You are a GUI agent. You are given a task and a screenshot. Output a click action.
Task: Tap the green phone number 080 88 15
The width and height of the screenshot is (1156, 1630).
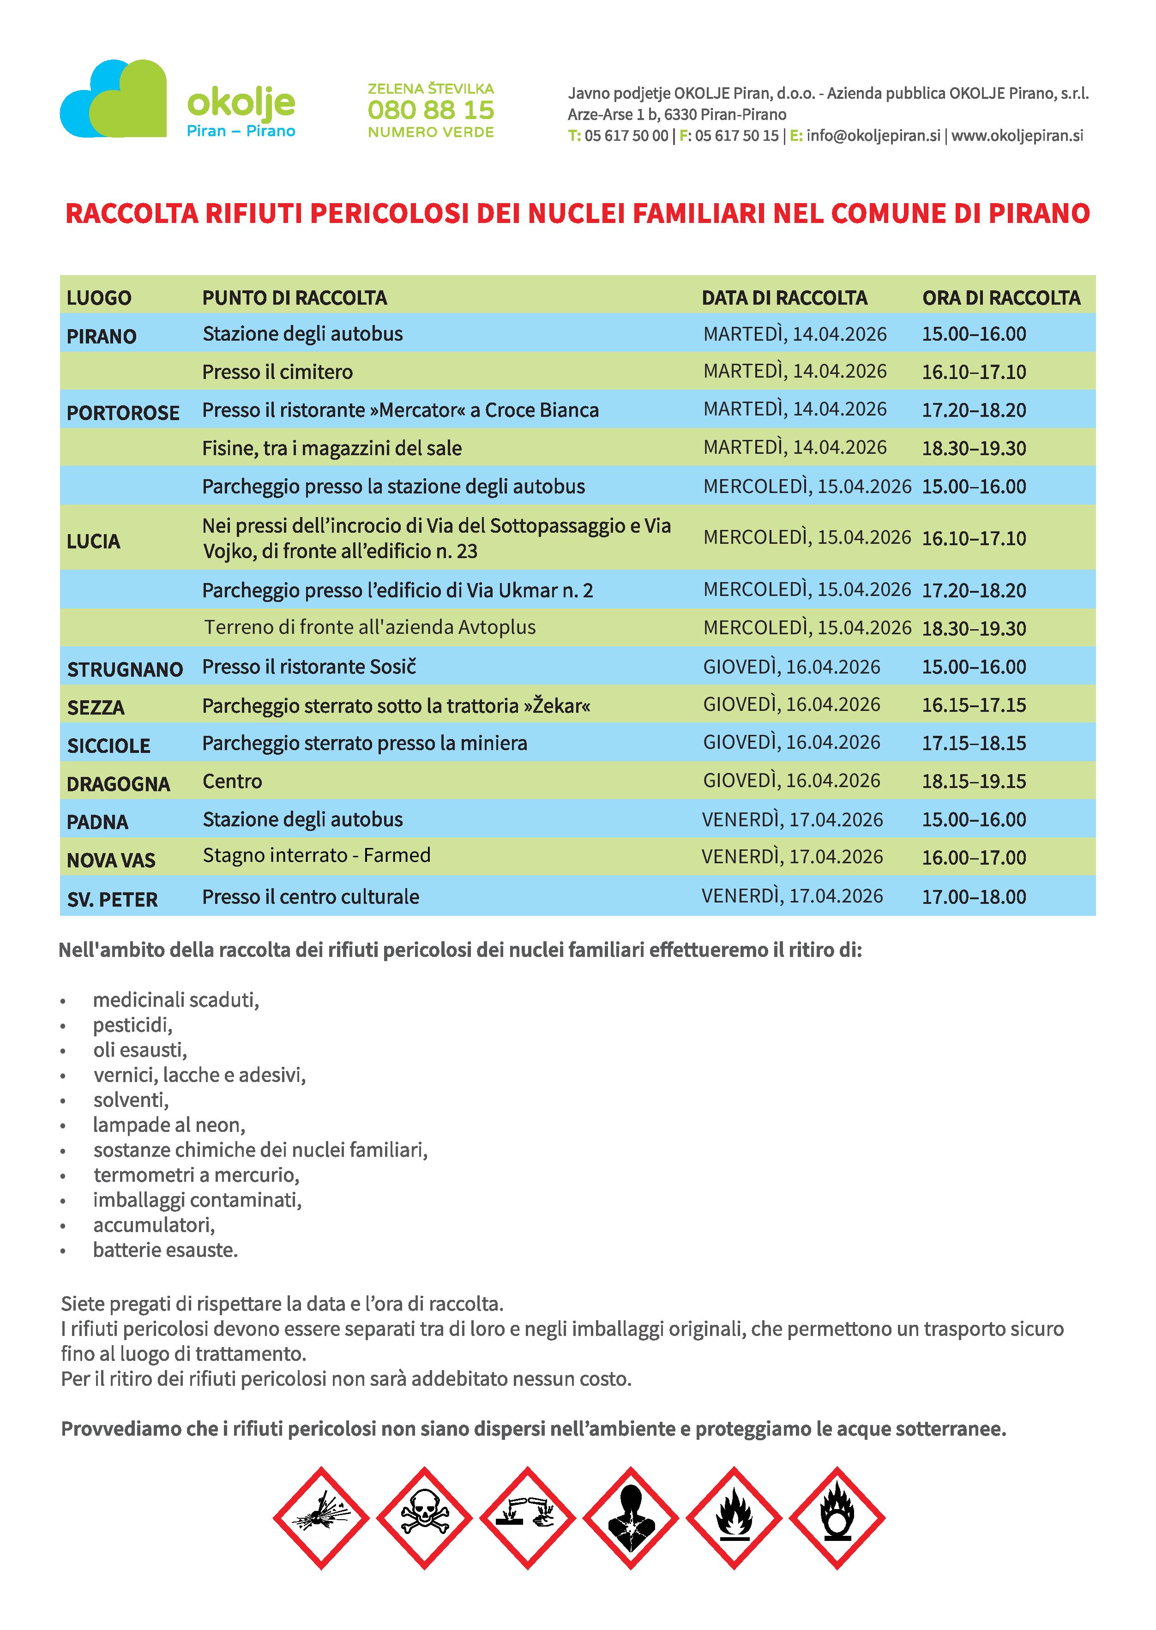[x=431, y=110]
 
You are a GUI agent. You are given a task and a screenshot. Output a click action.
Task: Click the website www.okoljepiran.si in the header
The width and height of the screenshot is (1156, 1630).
[x=1017, y=136]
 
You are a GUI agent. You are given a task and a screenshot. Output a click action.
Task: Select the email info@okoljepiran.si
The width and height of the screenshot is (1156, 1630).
[x=873, y=136]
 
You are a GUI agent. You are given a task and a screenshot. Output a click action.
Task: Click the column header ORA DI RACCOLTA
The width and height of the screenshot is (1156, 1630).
[x=1001, y=298]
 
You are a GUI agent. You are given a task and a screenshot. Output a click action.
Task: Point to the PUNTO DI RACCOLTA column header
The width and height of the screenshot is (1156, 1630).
[x=295, y=298]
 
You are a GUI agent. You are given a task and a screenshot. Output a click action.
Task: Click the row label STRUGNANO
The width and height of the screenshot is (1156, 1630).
[x=125, y=669]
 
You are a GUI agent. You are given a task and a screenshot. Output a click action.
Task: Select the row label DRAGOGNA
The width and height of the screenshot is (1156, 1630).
[x=118, y=784]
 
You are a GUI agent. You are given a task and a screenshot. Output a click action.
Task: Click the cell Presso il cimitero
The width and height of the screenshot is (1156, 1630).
[x=277, y=372]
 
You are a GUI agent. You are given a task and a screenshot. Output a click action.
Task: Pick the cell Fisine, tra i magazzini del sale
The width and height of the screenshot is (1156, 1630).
[x=332, y=448]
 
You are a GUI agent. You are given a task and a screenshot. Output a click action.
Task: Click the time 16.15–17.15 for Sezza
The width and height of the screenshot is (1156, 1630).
[x=974, y=705]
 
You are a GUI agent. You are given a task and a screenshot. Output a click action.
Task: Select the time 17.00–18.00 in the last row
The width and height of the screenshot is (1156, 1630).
[x=974, y=897]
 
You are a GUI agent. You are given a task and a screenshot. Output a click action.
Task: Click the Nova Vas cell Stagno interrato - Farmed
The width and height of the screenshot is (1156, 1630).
[x=317, y=855]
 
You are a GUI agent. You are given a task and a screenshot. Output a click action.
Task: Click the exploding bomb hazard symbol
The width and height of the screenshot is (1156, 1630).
[x=321, y=1518]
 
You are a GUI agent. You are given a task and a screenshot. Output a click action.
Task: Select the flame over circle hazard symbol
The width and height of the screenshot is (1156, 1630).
[x=837, y=1518]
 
